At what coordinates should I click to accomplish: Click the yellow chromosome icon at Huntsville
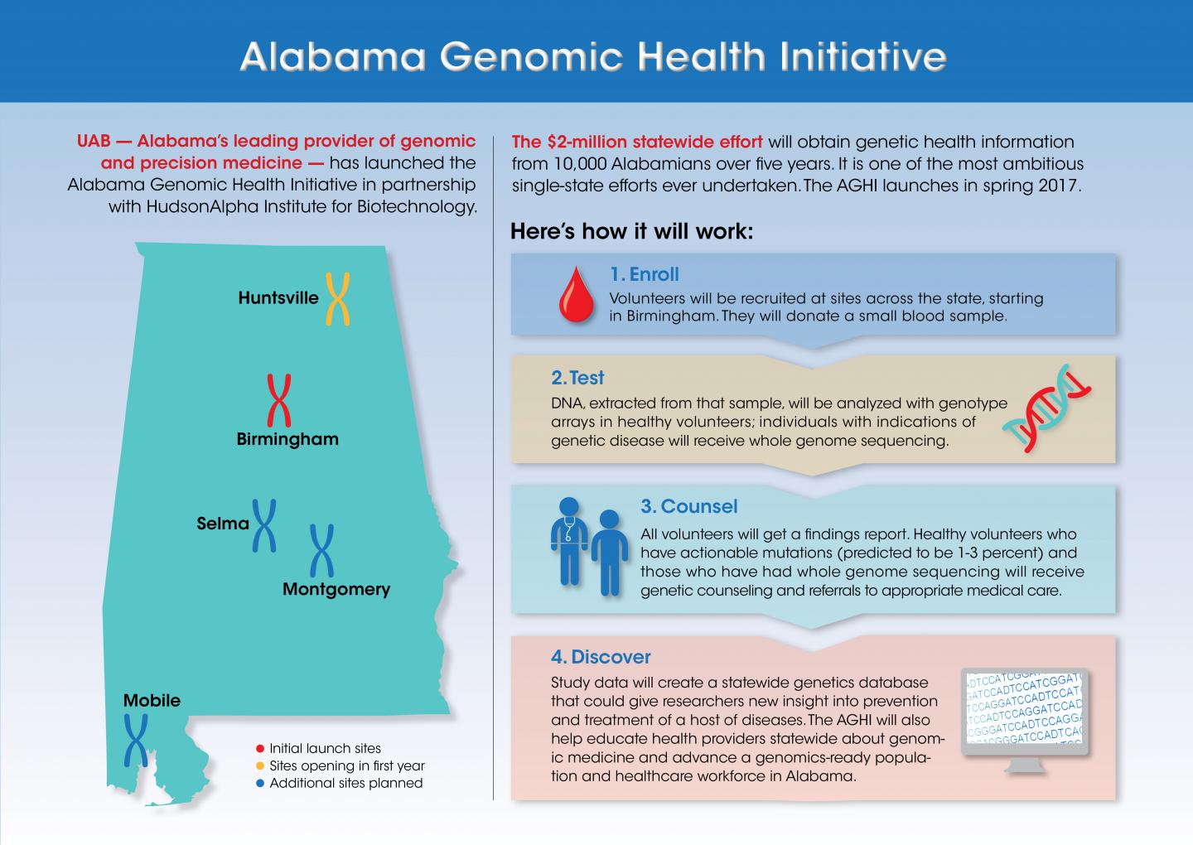(x=337, y=298)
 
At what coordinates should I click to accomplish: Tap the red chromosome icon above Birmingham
(x=279, y=400)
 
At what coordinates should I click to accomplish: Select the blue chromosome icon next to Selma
(x=264, y=525)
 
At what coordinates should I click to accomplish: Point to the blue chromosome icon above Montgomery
(x=321, y=550)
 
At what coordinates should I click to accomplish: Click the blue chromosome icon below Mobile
(x=135, y=740)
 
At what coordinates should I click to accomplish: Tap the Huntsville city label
(x=278, y=298)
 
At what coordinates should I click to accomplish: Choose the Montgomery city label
(x=336, y=589)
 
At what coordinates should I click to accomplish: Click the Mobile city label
(x=152, y=701)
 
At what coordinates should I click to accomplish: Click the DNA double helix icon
(x=1047, y=408)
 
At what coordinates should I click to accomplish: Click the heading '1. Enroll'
(x=644, y=274)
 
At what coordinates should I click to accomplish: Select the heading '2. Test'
(x=577, y=378)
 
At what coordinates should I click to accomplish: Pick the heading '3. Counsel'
(x=688, y=506)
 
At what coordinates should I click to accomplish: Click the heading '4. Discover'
(x=601, y=657)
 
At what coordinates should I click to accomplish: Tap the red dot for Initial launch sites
(x=260, y=749)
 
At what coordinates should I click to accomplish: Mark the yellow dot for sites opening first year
(x=260, y=766)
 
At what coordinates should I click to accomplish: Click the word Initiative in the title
(x=863, y=57)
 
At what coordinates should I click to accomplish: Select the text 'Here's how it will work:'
(x=631, y=231)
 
